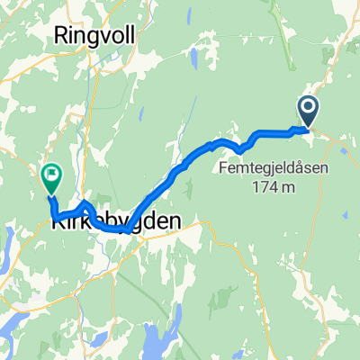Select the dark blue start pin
coord(308,112)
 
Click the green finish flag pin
coord(50,176)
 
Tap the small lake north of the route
coord(195,58)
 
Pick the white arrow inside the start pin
coord(308,110)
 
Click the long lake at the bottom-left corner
coord(18,315)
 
